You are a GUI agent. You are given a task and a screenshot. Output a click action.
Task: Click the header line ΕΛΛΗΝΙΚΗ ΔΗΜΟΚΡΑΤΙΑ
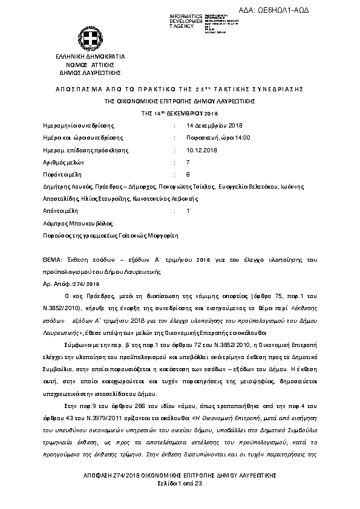coord(87,56)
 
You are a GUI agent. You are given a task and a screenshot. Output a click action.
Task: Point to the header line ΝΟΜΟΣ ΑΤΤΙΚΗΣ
coord(87,63)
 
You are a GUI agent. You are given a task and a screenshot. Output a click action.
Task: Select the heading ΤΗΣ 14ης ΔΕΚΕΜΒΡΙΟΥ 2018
coord(179,113)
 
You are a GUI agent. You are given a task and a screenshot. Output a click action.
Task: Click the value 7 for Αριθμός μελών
coord(188,163)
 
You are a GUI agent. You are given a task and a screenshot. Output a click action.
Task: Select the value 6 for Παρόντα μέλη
coord(188,175)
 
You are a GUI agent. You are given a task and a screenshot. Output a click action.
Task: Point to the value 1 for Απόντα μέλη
coord(188,211)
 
